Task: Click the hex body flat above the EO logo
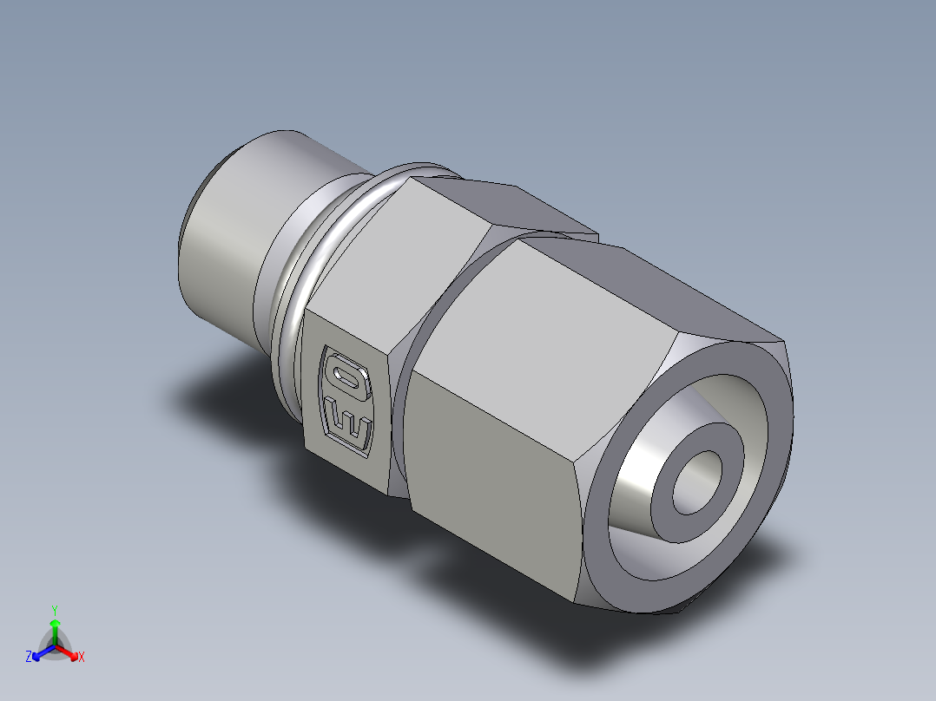(x=391, y=269)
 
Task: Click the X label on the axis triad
(x=82, y=657)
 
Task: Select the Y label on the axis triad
(x=55, y=609)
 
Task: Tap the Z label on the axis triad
(x=29, y=657)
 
